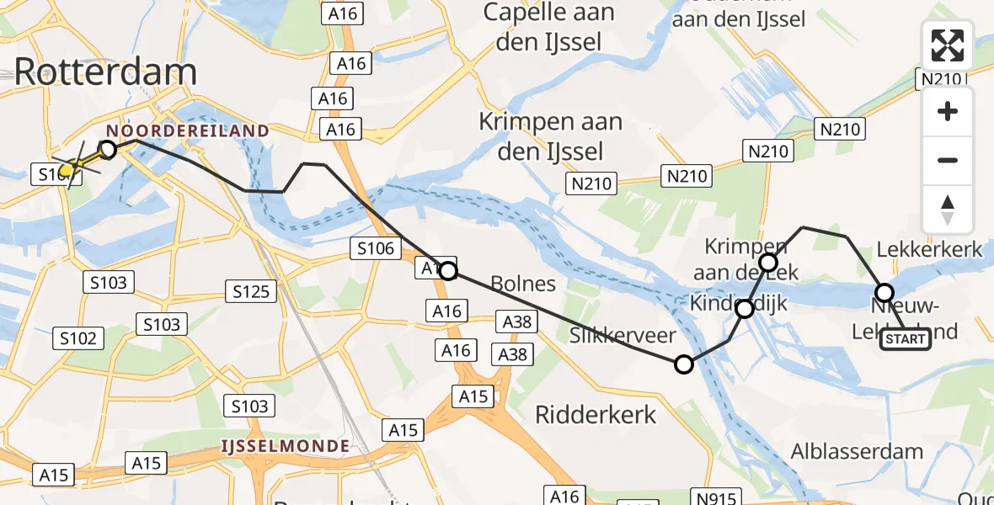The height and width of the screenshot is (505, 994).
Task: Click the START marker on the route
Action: click(x=905, y=339)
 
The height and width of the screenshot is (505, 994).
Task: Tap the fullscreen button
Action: click(x=948, y=45)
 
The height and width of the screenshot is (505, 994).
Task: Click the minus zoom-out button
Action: click(x=948, y=160)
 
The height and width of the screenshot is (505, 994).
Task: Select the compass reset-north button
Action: click(x=948, y=210)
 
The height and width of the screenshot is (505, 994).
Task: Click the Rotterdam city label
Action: click(x=105, y=72)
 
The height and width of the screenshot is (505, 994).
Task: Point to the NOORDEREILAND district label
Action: click(x=187, y=131)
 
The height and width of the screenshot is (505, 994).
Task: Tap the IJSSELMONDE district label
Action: click(x=286, y=444)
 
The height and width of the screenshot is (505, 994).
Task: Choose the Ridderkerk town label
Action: click(x=596, y=414)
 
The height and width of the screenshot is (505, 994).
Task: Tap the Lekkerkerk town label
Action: click(x=929, y=249)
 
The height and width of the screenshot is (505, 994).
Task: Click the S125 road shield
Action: click(x=251, y=291)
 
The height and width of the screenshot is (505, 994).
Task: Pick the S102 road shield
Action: click(x=78, y=338)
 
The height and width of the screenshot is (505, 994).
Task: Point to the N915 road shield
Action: click(x=712, y=497)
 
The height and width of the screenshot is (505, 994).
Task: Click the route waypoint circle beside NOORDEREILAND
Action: click(x=108, y=150)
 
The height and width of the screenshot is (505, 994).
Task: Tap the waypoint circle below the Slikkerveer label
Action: click(x=684, y=364)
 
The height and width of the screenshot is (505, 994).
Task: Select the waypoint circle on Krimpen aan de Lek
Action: click(x=768, y=263)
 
